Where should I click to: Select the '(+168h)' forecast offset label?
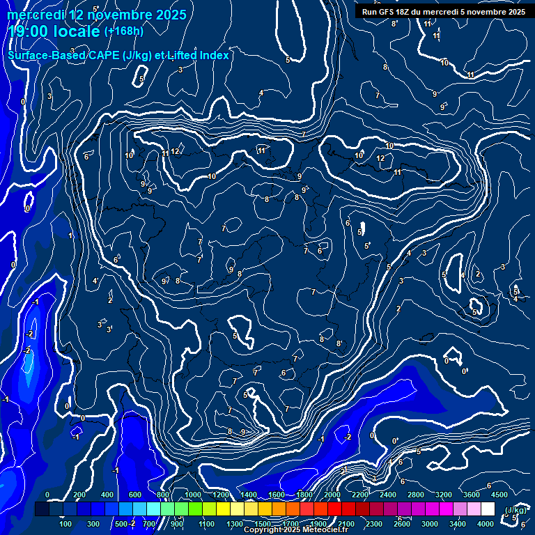coord(123,31)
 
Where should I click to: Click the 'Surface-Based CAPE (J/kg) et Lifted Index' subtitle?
coord(118,55)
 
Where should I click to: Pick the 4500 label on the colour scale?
coord(499,495)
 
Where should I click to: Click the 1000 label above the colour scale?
coord(193,495)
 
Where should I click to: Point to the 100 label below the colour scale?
coord(65,524)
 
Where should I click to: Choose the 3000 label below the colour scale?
coord(430,524)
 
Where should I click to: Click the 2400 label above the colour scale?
coord(388,495)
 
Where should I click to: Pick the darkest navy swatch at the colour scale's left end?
coord(42,509)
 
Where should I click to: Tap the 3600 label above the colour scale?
coord(472,495)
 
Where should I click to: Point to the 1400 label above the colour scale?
coord(249,495)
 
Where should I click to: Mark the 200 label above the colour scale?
coord(79,495)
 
